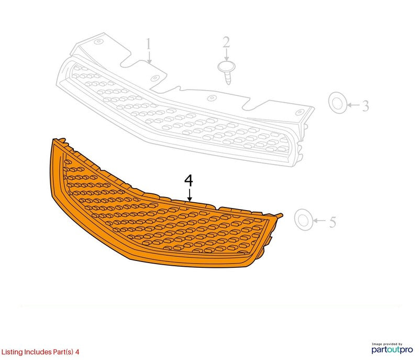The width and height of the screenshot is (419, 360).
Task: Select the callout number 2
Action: (226, 42)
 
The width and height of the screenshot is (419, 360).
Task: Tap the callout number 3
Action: (366, 106)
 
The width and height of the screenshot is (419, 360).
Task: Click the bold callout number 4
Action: (189, 181)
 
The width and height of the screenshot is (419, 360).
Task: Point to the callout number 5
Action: (333, 222)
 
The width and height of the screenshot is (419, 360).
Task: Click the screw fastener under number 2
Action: (227, 72)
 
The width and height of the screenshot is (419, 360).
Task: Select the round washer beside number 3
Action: (338, 103)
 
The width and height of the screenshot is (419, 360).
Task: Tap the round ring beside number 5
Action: (304, 220)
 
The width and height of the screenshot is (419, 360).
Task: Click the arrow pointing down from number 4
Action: (190, 195)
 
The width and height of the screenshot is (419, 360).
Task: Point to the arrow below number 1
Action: (149, 58)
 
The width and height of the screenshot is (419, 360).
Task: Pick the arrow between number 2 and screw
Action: (227, 55)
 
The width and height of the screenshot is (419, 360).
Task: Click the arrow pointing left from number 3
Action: (354, 105)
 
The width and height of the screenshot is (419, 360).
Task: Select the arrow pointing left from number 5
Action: (319, 221)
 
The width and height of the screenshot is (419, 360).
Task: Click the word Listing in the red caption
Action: (12, 352)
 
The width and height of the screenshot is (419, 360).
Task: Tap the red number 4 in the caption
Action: (77, 352)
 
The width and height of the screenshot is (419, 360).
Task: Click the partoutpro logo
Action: (392, 350)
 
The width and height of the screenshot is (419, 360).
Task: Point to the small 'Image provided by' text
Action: (387, 344)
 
